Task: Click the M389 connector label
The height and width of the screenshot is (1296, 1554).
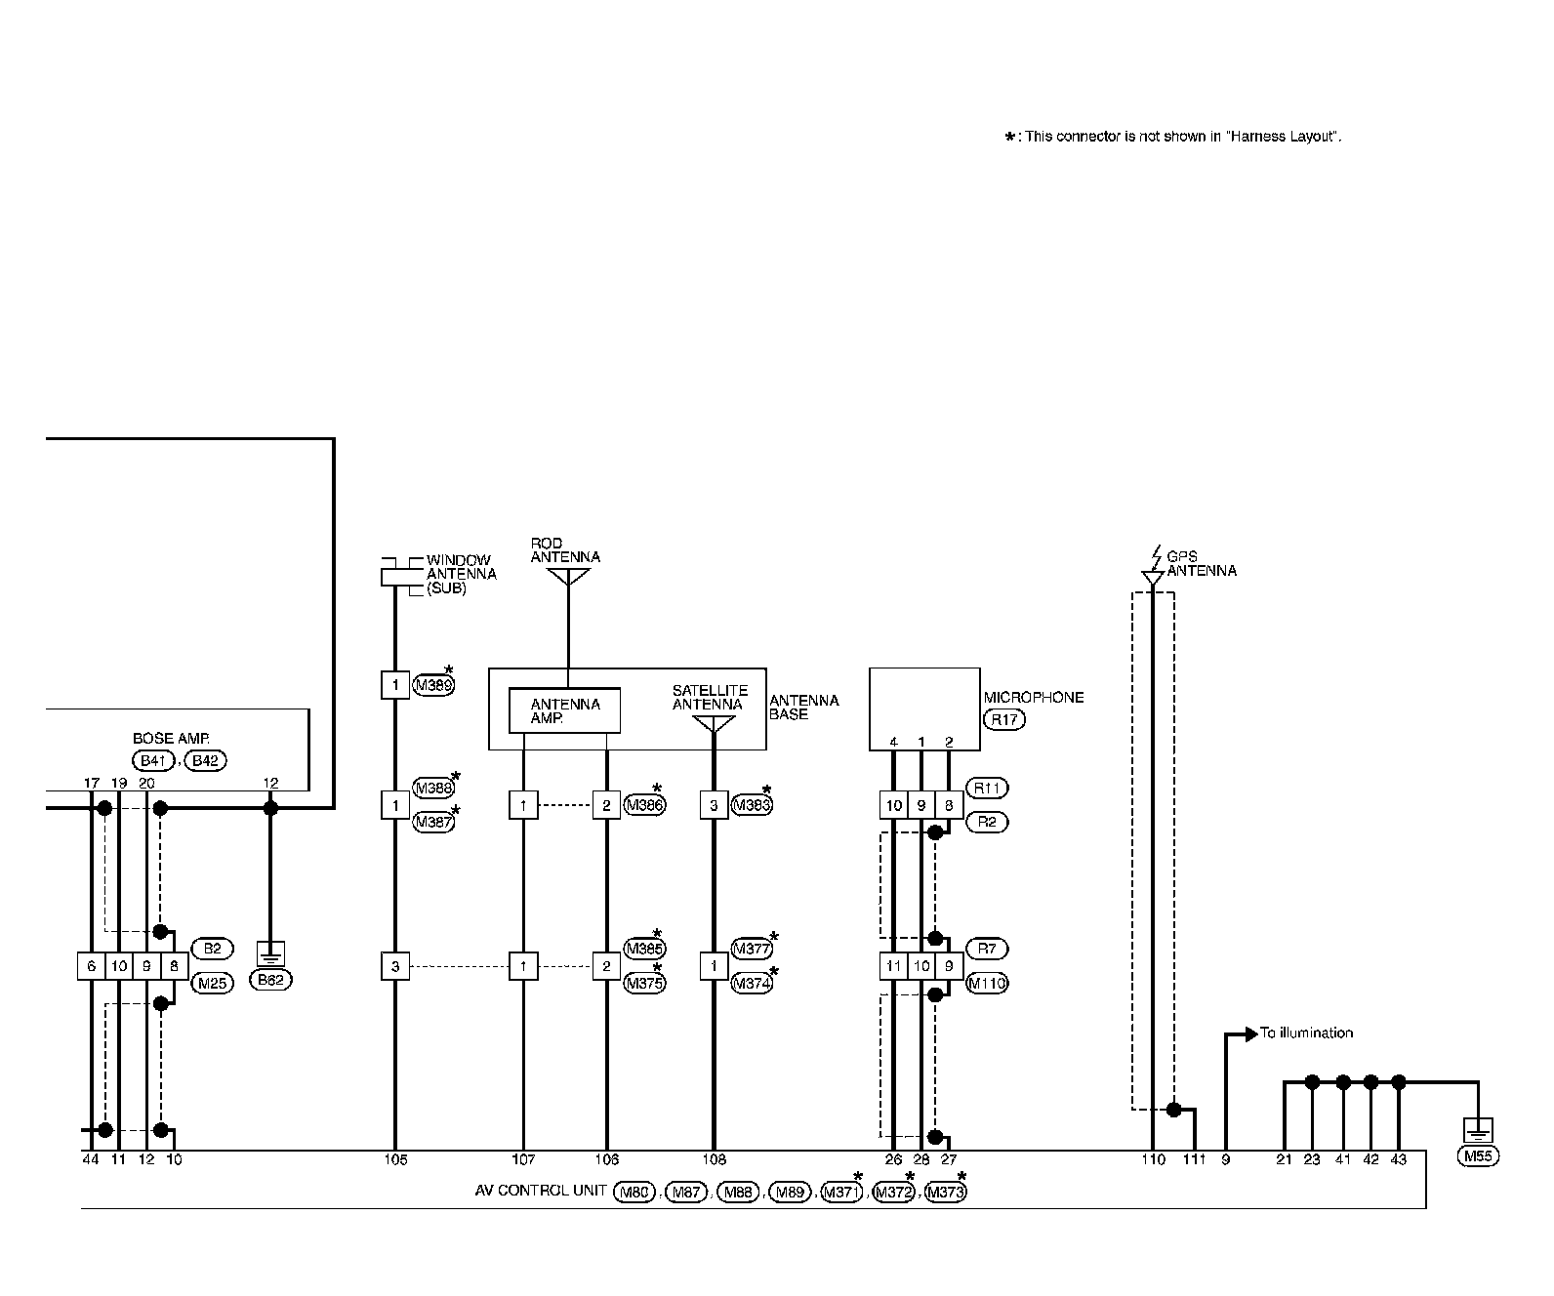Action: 434,685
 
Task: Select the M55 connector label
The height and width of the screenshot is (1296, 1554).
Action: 1478,1157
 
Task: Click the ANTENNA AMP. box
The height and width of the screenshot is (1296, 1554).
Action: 564,710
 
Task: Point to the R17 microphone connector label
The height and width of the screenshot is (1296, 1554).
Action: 1003,720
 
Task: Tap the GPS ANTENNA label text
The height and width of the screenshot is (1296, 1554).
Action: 1201,564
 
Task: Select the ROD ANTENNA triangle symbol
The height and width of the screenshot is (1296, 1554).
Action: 568,577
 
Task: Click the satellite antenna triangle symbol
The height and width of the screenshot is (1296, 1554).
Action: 713,725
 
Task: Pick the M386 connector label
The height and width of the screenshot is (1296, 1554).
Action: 643,805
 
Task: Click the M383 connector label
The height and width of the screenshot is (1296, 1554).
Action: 752,805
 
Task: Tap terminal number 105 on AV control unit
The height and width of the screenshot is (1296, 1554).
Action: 395,1160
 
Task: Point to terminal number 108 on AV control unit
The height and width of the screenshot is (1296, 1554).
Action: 714,1160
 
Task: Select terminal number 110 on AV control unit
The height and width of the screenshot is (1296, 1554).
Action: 1154,1160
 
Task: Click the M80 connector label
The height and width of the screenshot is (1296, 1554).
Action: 634,1192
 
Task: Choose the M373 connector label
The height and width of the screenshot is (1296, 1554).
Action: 944,1192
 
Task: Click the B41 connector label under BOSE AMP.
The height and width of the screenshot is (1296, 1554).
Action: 151,760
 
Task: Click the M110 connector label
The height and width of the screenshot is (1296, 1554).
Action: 987,984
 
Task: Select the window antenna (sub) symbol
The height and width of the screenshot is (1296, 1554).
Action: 394,576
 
